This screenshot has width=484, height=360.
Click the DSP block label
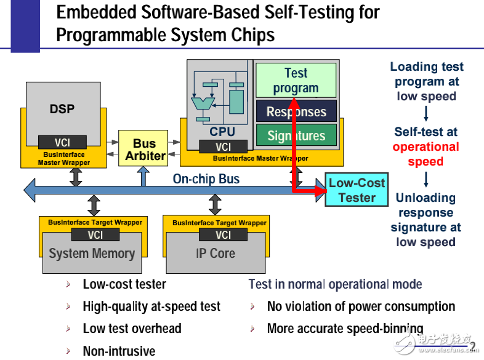[62, 109]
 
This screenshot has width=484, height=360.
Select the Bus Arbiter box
[145, 150]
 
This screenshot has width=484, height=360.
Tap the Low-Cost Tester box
[357, 190]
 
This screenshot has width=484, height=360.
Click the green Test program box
[296, 81]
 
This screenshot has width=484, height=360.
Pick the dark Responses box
[296, 112]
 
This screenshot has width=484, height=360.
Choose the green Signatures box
[296, 136]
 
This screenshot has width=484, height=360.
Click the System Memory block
[92, 253]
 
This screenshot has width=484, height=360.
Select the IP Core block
[216, 253]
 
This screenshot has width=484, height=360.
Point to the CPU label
[222, 131]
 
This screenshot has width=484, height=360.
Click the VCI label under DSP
[62, 142]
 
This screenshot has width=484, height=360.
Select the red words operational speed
[426, 154]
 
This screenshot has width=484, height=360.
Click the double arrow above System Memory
[94, 205]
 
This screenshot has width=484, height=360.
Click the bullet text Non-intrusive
[119, 351]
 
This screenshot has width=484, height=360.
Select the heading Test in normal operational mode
[335, 284]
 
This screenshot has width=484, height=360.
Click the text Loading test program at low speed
[426, 81]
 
